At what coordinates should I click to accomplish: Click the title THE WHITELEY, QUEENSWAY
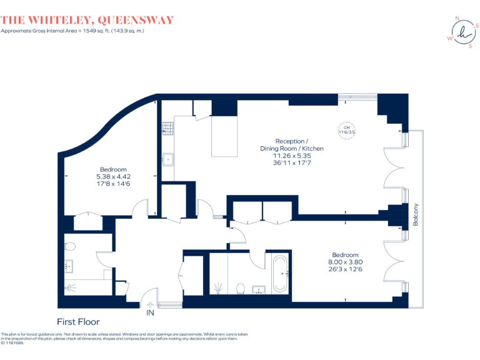pos(87,20)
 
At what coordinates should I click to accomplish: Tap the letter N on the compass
pos(456,17)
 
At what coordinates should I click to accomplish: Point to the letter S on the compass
pos(470,46)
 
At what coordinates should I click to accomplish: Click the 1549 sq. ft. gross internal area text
pos(72,31)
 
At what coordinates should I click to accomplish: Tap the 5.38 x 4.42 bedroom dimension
pos(113,176)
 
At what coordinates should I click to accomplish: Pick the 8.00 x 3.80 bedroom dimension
pos(345,262)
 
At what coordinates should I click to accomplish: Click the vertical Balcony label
pos(415,214)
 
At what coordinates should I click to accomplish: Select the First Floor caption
pos(78,322)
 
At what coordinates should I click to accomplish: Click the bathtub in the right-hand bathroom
pos(279,272)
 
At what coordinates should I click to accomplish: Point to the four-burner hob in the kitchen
pos(167,128)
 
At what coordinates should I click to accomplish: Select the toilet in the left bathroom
pos(69,246)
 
